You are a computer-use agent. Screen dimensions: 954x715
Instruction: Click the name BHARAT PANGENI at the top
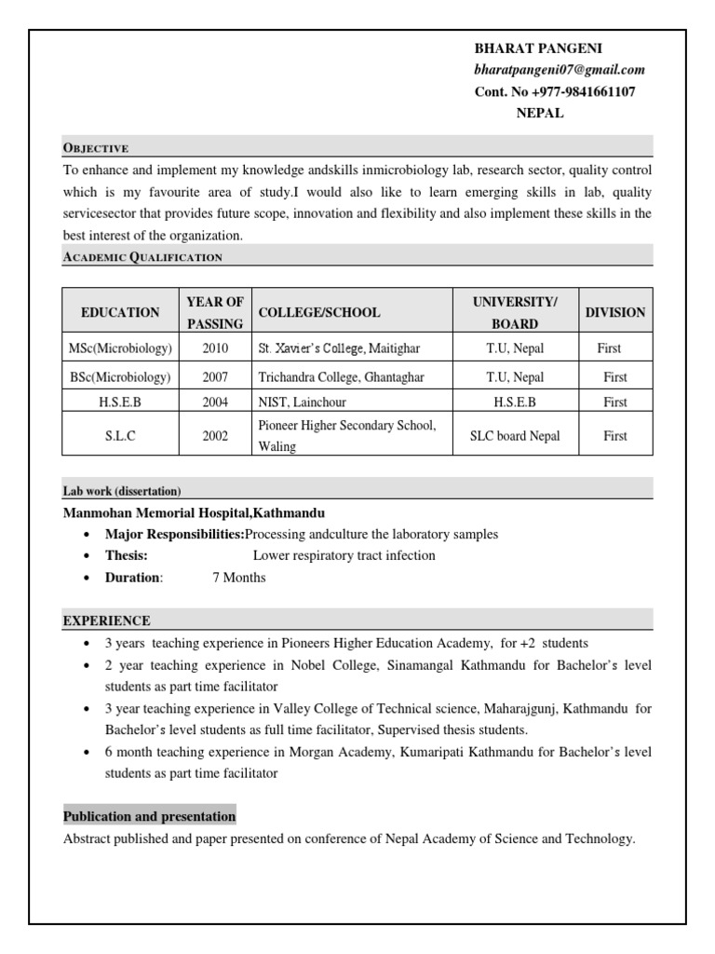[532, 48]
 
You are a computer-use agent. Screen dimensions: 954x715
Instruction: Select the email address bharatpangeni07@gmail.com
[560, 70]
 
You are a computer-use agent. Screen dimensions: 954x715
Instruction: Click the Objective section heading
[95, 147]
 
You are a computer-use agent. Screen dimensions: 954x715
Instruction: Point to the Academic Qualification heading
[142, 257]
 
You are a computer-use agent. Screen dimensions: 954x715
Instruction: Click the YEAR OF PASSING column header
[215, 312]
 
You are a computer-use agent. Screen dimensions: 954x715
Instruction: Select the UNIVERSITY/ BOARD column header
[515, 312]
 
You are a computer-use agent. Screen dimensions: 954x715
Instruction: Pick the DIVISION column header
[614, 312]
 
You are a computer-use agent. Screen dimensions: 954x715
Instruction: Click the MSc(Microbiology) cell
[120, 348]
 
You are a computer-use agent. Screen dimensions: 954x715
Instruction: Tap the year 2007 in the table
[215, 377]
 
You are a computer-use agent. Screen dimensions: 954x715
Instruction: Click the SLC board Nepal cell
[515, 436]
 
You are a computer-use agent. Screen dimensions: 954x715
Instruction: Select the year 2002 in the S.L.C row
[215, 436]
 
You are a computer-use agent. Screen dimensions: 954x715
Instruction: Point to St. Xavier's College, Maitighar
[339, 348]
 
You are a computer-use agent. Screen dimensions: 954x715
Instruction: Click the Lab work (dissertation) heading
[122, 491]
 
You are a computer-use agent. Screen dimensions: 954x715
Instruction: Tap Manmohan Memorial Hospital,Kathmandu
[194, 513]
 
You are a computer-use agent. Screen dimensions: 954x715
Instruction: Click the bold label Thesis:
[127, 555]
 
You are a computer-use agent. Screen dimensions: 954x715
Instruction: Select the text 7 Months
[239, 578]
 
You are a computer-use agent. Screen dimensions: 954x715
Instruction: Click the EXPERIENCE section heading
[106, 620]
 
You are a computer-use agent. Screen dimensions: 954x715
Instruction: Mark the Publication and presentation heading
[149, 816]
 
